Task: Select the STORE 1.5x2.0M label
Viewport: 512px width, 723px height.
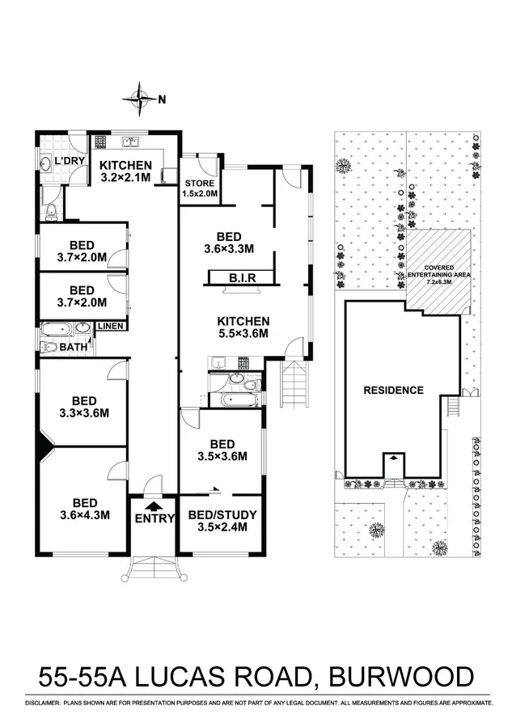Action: tap(198, 187)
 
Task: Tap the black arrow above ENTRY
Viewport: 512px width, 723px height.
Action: tap(153, 505)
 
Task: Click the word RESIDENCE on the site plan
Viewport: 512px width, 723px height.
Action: tap(393, 390)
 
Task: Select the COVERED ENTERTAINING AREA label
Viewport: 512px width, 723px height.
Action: tap(441, 273)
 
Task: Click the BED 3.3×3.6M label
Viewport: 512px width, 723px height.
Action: tap(84, 407)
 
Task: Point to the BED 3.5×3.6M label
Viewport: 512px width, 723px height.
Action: tap(222, 450)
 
